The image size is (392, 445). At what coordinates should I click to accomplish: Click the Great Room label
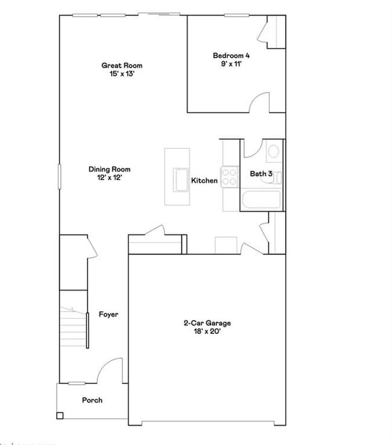(x=122, y=65)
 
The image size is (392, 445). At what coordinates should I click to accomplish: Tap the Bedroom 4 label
(x=231, y=55)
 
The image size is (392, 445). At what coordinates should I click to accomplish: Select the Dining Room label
(x=109, y=169)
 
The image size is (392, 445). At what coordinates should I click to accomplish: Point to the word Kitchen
(x=204, y=180)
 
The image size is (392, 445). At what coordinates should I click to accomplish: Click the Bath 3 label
(x=261, y=174)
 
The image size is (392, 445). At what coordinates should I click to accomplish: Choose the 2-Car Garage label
(x=207, y=323)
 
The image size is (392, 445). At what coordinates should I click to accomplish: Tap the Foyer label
(x=109, y=314)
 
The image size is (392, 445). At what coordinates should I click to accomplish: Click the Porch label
(x=92, y=400)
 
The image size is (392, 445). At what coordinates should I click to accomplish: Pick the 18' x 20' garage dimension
(x=207, y=332)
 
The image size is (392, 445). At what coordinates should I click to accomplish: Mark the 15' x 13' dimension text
(x=122, y=74)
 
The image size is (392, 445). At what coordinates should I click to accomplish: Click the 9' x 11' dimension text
(x=231, y=64)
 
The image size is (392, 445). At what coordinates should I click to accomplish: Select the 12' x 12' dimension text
(x=109, y=178)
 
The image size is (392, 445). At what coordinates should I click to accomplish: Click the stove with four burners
(x=229, y=176)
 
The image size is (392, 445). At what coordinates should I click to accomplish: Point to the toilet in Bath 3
(x=273, y=151)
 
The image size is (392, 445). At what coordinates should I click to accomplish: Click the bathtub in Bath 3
(x=260, y=201)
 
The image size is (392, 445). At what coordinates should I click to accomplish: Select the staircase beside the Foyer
(x=73, y=325)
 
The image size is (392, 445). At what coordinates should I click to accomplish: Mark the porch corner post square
(x=60, y=415)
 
